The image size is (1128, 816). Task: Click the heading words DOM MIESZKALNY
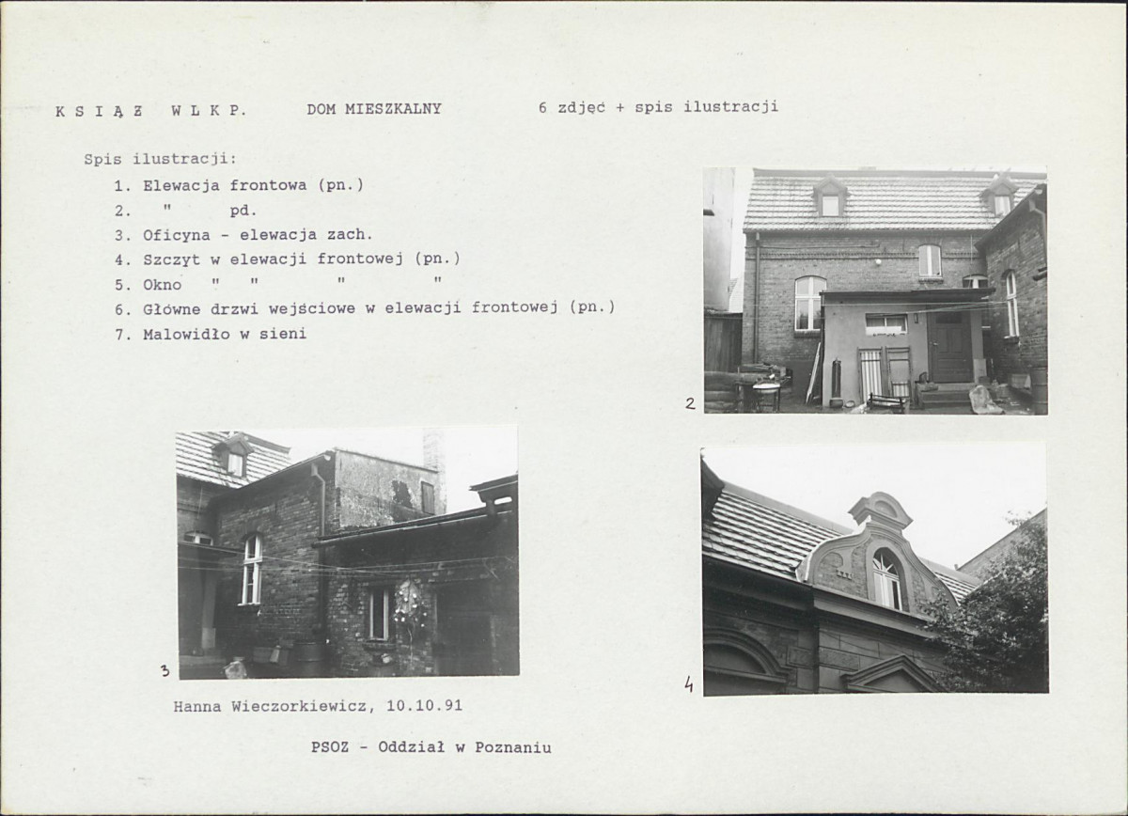(374, 109)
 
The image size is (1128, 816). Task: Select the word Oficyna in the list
(177, 235)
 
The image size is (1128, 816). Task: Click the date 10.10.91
(424, 706)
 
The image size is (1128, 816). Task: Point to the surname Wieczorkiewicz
(299, 706)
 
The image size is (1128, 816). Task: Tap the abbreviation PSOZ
(330, 747)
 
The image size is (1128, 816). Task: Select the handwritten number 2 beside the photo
(690, 403)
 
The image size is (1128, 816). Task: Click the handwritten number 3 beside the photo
(164, 670)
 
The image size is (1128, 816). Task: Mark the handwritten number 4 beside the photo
(688, 683)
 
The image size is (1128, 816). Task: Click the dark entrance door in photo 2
(949, 347)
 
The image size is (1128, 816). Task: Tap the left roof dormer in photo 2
(830, 196)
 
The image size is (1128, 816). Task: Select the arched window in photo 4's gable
(886, 578)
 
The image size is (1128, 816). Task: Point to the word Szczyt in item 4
(172, 259)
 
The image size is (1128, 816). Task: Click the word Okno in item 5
(162, 285)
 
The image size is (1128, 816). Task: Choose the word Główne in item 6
(172, 309)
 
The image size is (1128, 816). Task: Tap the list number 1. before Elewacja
(123, 186)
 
